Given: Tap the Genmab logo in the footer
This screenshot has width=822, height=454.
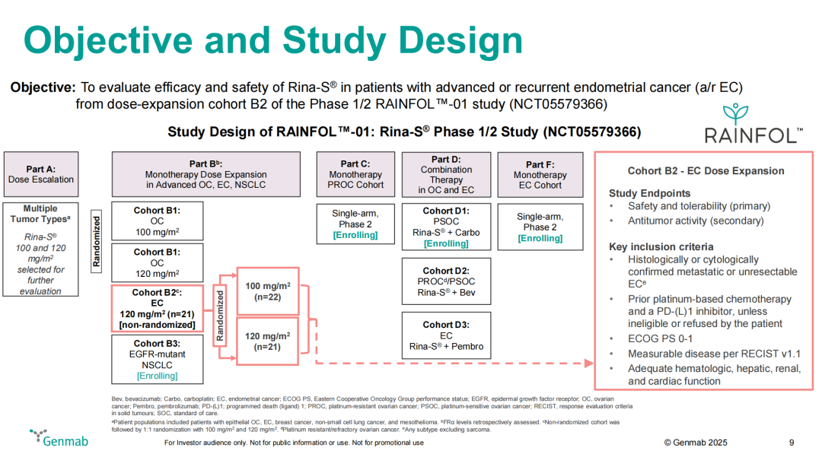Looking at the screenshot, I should [51, 438].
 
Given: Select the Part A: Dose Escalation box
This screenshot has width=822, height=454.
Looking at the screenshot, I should [41, 174].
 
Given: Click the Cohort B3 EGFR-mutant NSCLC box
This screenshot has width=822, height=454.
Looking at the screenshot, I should [157, 359].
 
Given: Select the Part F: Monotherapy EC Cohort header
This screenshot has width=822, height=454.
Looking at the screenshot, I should [540, 174].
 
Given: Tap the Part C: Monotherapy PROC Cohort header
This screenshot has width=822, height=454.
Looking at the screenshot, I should [355, 174].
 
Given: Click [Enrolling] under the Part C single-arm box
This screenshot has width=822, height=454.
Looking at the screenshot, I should [355, 236].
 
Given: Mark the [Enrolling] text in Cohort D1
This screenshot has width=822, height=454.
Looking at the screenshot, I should [445, 243].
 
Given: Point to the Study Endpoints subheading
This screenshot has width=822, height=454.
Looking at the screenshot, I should [649, 193].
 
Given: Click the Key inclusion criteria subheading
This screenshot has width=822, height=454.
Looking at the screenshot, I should [661, 246].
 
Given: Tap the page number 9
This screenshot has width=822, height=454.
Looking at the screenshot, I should [792, 443].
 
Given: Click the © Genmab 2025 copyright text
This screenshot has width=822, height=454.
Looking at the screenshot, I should [696, 443].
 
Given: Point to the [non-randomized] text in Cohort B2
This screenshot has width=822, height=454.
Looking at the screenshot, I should [157, 325].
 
